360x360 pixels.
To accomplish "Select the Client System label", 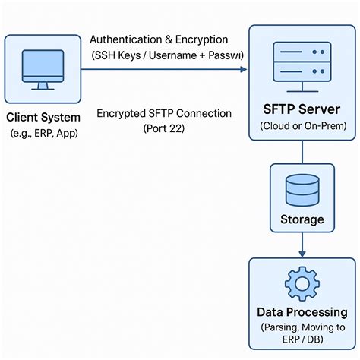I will (x=43, y=118).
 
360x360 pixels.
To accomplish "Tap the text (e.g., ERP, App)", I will (x=43, y=133).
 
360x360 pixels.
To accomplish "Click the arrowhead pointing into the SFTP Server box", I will (x=243, y=69).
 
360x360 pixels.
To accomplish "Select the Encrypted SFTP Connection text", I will (x=164, y=113).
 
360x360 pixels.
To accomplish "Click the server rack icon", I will (x=302, y=63).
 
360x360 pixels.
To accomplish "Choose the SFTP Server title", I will (x=302, y=109).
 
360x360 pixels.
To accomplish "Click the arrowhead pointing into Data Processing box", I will (x=302, y=253).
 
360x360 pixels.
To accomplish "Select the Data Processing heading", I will (x=302, y=312).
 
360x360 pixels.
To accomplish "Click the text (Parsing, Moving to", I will (x=302, y=327).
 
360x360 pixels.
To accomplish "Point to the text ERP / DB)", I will (x=302, y=341).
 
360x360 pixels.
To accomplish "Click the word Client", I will (x=24, y=118).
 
